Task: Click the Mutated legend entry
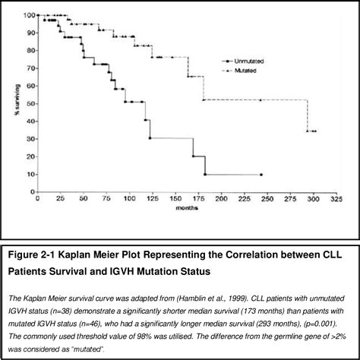[245, 70]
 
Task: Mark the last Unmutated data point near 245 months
[261, 174]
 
